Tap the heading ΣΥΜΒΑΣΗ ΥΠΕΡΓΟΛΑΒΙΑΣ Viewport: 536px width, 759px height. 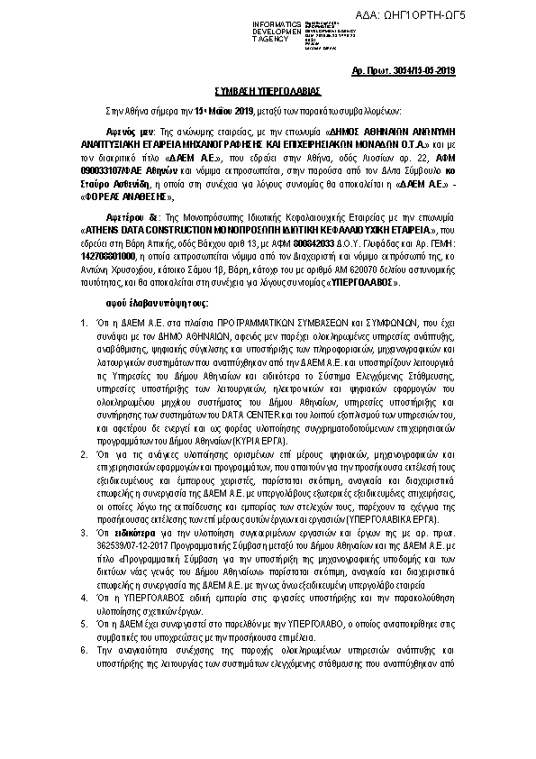267,92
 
